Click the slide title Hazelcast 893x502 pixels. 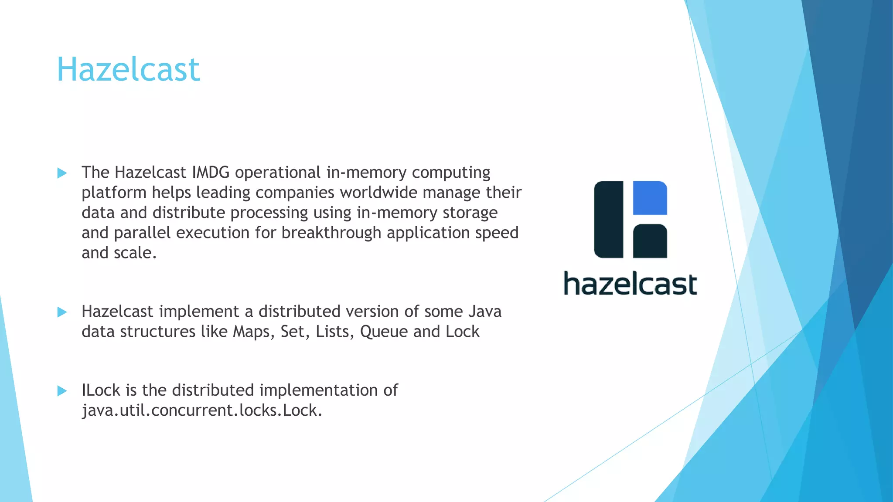coord(128,70)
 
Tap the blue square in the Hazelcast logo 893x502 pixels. coord(650,198)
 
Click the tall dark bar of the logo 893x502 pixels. coord(609,219)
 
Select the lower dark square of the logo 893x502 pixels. coord(650,241)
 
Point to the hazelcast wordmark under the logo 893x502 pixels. coord(630,284)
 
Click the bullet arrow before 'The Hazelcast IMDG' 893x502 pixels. coord(62,173)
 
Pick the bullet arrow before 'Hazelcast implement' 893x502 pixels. coord(62,312)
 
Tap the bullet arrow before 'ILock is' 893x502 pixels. coord(62,390)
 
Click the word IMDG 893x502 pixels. coord(211,173)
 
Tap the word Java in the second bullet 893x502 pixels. coord(485,312)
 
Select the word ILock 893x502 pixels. coord(101,390)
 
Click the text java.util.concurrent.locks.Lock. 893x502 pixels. coord(202,410)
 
